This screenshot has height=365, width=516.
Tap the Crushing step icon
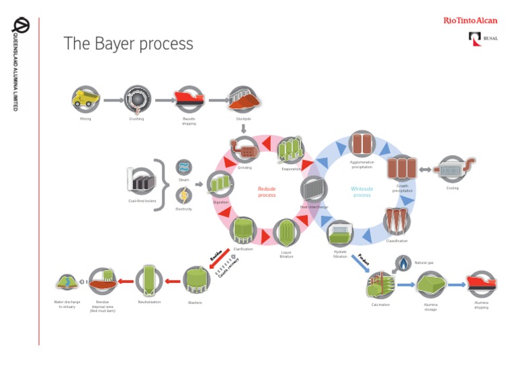[x=137, y=99]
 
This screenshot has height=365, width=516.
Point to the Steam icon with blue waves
[x=183, y=167]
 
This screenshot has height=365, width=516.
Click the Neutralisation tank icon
[x=149, y=280]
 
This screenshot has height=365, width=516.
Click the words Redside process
[x=267, y=192]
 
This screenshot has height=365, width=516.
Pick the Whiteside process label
[x=361, y=192]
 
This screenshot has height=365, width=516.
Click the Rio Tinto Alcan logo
[x=470, y=21]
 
